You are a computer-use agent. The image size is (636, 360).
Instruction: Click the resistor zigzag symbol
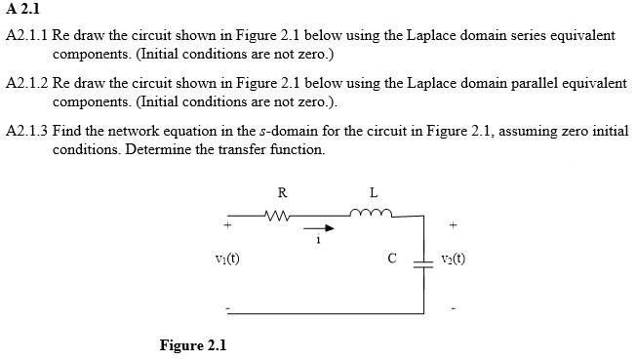tap(279, 214)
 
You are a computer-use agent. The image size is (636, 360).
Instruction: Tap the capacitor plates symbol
tap(422, 260)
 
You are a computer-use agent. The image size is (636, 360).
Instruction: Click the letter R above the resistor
tap(282, 191)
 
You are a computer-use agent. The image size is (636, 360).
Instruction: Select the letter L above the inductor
tap(374, 191)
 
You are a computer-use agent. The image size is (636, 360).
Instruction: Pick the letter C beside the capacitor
tap(391, 260)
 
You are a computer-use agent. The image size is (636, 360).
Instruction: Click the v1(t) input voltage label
tap(227, 260)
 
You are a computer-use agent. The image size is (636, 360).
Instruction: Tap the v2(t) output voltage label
tap(453, 260)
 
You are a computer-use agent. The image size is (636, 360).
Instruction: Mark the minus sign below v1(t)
tap(227, 310)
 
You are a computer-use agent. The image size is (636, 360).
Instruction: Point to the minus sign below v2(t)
tap(453, 310)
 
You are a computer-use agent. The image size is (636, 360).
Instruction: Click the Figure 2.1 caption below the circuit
tap(192, 345)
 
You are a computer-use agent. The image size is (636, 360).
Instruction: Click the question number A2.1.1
tap(26, 35)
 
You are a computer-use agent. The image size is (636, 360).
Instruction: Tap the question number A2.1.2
tap(26, 83)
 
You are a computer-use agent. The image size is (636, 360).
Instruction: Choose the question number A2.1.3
tap(26, 131)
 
